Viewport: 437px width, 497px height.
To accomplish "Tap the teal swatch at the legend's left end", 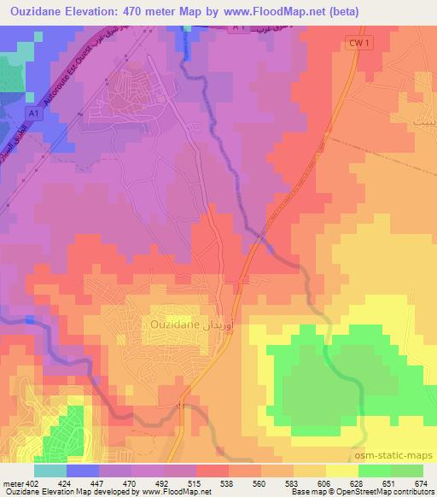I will [x=50, y=470].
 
